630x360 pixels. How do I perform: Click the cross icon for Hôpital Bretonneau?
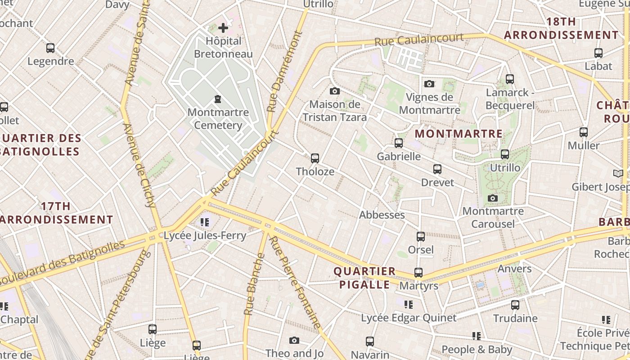223,28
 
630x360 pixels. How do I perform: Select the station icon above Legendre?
50,48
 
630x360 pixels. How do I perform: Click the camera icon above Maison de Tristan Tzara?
334,91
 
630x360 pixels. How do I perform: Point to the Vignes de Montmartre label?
429,103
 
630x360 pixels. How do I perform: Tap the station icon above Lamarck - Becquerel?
510,79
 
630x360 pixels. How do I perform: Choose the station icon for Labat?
598,53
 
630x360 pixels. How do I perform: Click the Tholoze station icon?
315,158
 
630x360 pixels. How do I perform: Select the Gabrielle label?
399,157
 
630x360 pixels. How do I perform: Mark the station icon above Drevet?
437,170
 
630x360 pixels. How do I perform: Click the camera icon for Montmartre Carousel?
493,198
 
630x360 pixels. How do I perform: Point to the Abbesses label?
382,215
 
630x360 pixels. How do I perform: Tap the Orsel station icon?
421,237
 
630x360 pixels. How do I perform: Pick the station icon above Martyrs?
418,273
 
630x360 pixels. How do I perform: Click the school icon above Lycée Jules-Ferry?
205,222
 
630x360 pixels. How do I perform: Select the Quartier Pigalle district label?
364,278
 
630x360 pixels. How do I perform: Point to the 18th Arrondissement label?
561,28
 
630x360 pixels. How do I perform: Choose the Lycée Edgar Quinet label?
409,318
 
